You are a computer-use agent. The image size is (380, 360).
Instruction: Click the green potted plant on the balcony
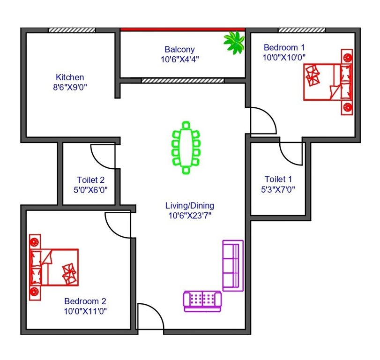234,42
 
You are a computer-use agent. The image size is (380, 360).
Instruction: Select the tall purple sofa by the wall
233,265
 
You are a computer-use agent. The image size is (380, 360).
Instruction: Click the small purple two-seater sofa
202,300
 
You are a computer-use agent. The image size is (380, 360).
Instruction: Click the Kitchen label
70,77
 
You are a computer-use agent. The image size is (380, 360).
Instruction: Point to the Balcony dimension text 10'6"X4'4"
179,60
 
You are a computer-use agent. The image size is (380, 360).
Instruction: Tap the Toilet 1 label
278,179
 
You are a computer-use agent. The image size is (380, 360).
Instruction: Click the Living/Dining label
190,205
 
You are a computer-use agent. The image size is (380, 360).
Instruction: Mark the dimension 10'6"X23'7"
190,216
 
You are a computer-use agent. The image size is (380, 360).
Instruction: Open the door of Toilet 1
291,153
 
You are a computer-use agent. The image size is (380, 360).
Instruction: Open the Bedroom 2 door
118,225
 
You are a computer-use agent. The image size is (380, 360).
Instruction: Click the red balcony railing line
183,29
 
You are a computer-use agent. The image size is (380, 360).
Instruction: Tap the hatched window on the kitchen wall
72,30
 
